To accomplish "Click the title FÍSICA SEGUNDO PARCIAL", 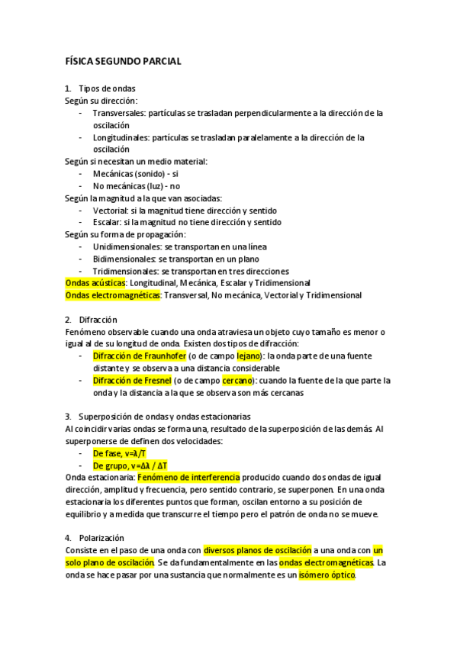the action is click(x=123, y=61).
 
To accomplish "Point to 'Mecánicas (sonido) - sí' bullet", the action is click(x=136, y=173).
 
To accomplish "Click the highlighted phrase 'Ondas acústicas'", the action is click(x=95, y=283).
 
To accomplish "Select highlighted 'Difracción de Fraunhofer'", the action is click(x=139, y=356).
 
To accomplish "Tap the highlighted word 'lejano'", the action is click(x=249, y=356).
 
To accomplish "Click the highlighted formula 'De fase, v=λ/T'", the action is click(x=120, y=453).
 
